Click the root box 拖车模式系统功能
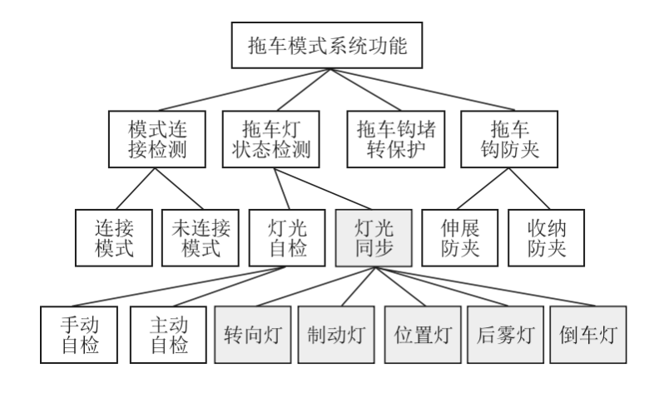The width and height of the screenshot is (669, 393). (x=327, y=45)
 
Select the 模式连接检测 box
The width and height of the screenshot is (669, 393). (x=157, y=139)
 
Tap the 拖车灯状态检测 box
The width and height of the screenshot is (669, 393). (x=271, y=139)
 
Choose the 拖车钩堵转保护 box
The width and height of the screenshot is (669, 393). (x=396, y=139)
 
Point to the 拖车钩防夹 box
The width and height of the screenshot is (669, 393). (x=509, y=139)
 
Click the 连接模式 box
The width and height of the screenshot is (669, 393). (x=114, y=237)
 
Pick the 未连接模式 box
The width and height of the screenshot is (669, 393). (x=200, y=237)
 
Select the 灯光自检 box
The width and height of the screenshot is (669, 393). (x=287, y=237)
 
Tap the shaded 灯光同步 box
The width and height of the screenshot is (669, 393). (x=374, y=237)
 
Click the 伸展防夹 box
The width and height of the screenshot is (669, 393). (x=460, y=237)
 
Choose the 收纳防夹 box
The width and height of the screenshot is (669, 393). (x=546, y=237)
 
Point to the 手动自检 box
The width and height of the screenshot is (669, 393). (x=79, y=335)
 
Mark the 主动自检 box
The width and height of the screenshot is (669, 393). (x=169, y=335)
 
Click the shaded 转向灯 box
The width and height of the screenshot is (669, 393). (x=253, y=335)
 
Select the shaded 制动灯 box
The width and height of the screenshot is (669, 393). (x=336, y=335)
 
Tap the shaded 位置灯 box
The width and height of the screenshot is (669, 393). (x=423, y=335)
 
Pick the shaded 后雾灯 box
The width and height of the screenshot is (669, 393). (x=506, y=335)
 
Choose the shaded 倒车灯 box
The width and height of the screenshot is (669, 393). (x=588, y=335)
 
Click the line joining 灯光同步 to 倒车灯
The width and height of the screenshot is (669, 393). (x=485, y=286)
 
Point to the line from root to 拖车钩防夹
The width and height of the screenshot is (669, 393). (x=423, y=90)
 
